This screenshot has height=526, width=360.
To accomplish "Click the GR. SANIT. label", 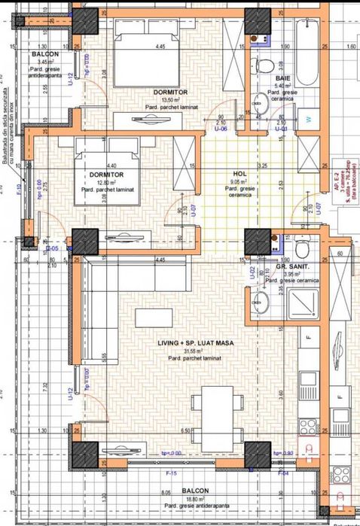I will point(297,266).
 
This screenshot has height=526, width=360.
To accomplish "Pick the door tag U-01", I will point(282,129).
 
